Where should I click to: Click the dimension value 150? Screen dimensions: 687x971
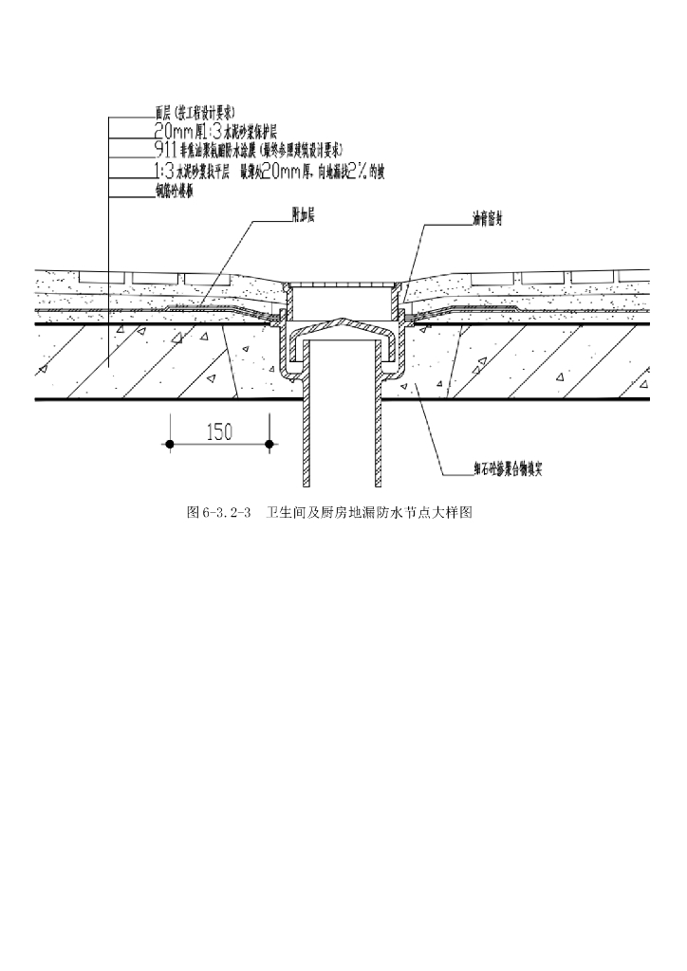click(219, 431)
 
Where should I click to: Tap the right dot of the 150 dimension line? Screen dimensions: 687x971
click(270, 444)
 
